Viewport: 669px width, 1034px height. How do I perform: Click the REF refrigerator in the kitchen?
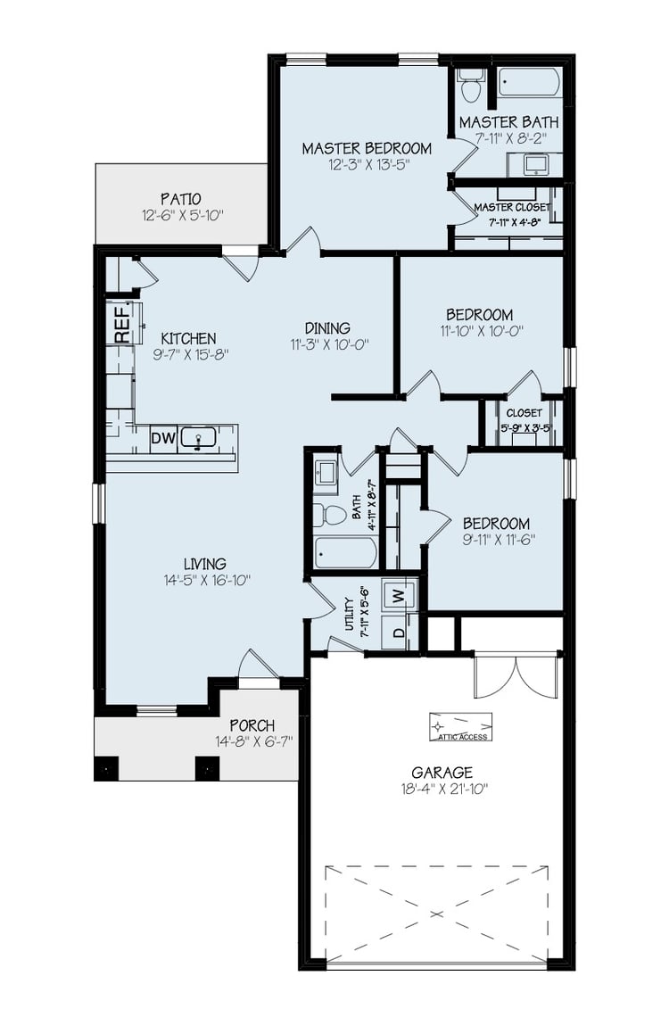[123, 323]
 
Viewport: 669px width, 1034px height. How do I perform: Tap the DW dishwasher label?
[161, 438]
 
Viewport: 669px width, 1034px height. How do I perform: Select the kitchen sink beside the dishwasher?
[198, 438]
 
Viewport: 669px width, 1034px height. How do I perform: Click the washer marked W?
[399, 594]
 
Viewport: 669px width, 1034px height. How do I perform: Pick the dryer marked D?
[399, 633]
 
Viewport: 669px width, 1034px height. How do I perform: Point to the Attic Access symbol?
[460, 726]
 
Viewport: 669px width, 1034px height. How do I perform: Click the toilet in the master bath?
[472, 86]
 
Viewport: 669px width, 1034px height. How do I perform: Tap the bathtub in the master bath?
[529, 82]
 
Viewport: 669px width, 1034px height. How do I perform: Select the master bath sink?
[535, 164]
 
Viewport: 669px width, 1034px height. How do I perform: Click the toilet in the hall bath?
[332, 515]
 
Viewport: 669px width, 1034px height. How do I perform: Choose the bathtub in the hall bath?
[346, 552]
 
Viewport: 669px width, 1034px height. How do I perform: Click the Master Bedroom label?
[366, 149]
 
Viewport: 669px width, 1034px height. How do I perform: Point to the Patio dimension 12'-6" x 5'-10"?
[180, 215]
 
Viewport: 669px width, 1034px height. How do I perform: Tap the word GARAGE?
[442, 773]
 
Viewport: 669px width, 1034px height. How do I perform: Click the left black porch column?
[106, 768]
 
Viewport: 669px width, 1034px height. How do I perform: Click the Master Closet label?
[512, 207]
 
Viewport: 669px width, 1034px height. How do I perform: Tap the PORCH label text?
[252, 725]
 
